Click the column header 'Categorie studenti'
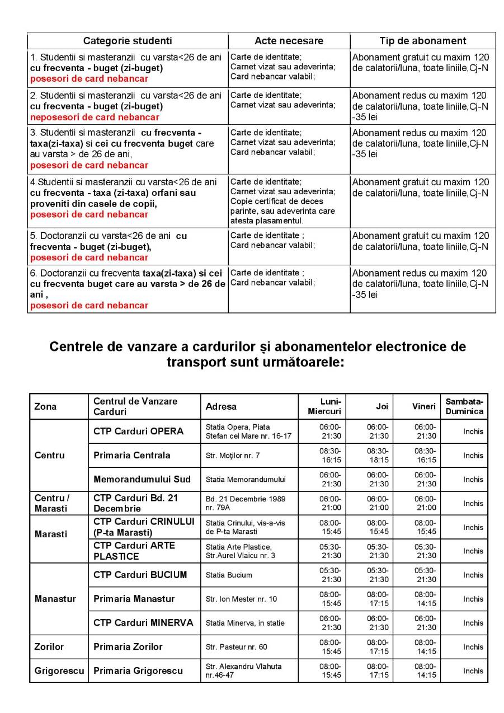point(128,41)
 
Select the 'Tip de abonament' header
point(422,41)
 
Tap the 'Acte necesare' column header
point(289,41)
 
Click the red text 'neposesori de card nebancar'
point(95,118)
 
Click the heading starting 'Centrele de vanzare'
point(257,354)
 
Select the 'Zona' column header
point(45,407)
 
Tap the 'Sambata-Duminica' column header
point(464,407)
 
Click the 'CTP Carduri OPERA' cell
point(138,431)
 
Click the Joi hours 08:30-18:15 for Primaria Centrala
point(378,456)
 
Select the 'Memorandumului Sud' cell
point(142,480)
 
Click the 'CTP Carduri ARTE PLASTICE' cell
point(134,551)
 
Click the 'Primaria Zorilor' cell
point(128,647)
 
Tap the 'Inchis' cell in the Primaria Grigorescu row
point(473,671)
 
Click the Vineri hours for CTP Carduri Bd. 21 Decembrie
point(425,504)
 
